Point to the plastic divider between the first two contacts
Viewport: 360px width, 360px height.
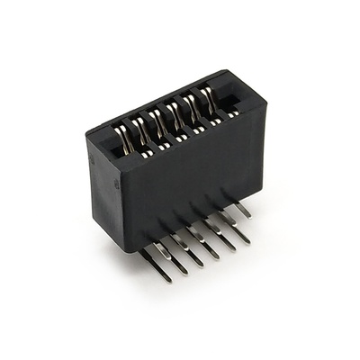(x=132, y=138)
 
